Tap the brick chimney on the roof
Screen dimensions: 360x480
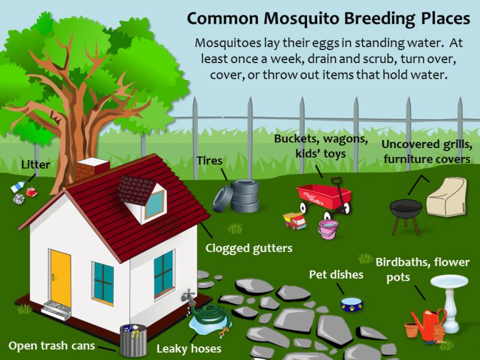point(92,167)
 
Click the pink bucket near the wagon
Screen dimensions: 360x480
point(328,229)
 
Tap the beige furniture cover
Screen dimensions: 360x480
point(446,199)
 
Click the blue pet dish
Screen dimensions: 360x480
point(351,304)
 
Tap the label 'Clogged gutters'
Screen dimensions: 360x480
point(249,248)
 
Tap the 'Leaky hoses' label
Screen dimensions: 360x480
point(189,348)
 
